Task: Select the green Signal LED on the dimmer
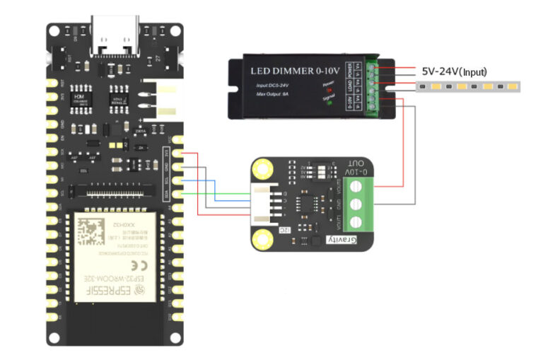point(329,104)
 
